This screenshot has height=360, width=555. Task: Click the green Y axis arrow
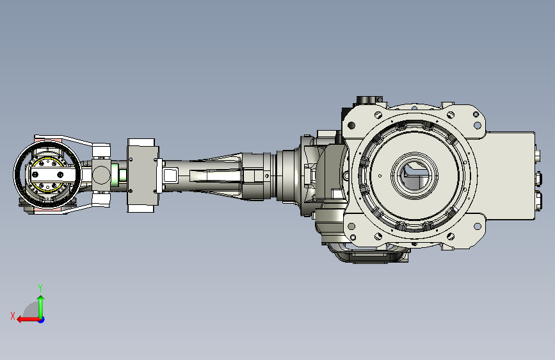point(41,304)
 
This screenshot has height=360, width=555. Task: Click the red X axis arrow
point(24,319)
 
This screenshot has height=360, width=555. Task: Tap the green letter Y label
point(40,288)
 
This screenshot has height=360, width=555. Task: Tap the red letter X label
point(13,315)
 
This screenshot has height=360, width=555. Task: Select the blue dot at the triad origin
point(41,319)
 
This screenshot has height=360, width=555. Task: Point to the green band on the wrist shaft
point(115,174)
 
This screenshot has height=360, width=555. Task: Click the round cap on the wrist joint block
point(101,174)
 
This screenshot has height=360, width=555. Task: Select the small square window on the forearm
point(170,174)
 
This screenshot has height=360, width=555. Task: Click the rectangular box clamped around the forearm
point(142,175)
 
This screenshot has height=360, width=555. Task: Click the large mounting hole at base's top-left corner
point(351,124)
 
